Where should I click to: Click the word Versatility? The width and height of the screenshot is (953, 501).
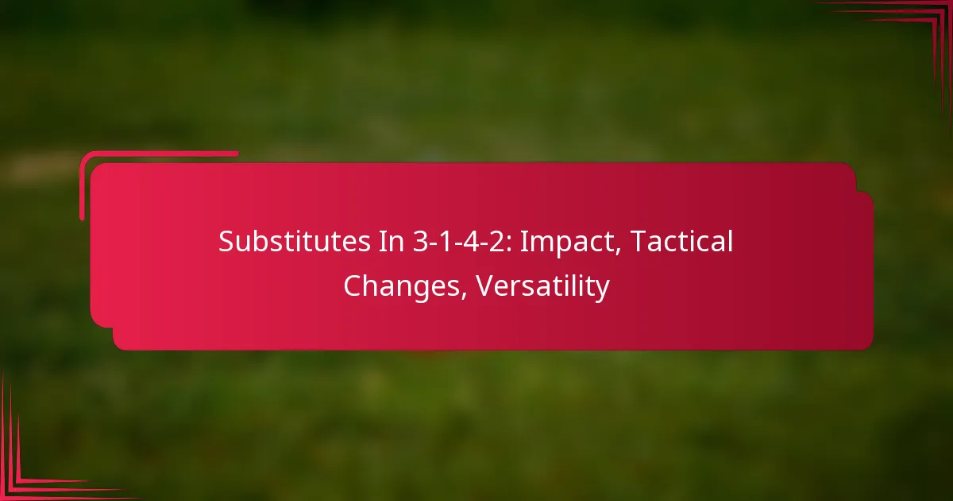(543, 286)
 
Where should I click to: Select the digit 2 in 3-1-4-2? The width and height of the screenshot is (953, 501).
(494, 243)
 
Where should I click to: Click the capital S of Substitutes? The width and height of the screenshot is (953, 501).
(226, 243)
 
